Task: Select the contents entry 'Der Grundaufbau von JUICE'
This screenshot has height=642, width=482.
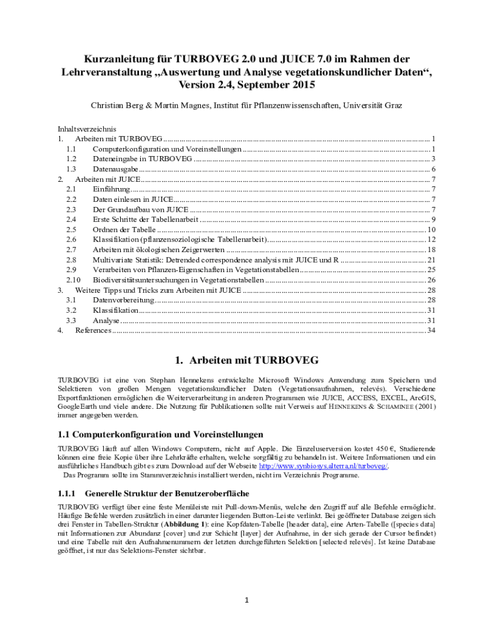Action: coord(140,209)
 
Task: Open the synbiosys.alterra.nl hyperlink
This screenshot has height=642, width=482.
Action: coord(324,466)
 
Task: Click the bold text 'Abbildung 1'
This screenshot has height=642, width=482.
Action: coord(185,524)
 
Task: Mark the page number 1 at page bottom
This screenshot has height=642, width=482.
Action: coord(247,601)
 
